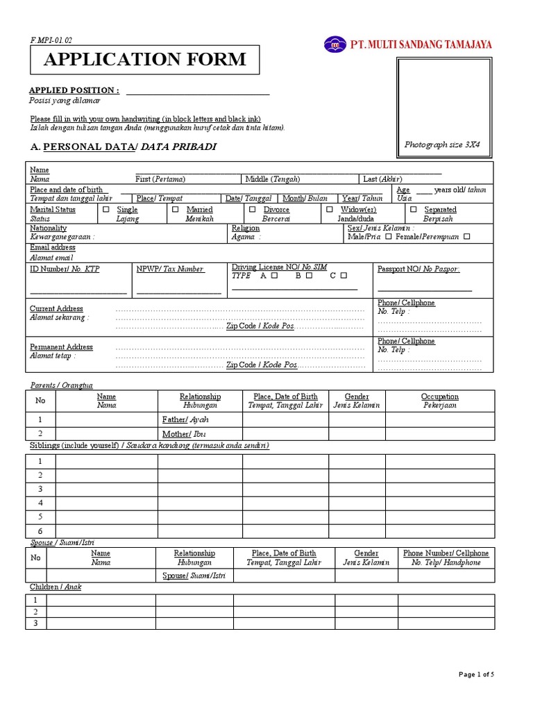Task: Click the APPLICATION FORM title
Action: tap(144, 60)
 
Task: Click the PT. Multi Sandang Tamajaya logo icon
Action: tap(335, 44)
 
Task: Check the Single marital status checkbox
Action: tap(106, 209)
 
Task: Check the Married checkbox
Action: tap(176, 209)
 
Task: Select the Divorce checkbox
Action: tap(252, 209)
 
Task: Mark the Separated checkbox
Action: tap(414, 209)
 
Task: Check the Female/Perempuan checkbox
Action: tap(466, 237)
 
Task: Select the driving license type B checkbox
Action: tap(309, 276)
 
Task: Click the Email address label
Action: tap(53, 248)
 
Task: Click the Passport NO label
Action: tap(418, 269)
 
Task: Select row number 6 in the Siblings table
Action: tap(40, 531)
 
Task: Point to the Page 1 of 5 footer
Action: tap(477, 674)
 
